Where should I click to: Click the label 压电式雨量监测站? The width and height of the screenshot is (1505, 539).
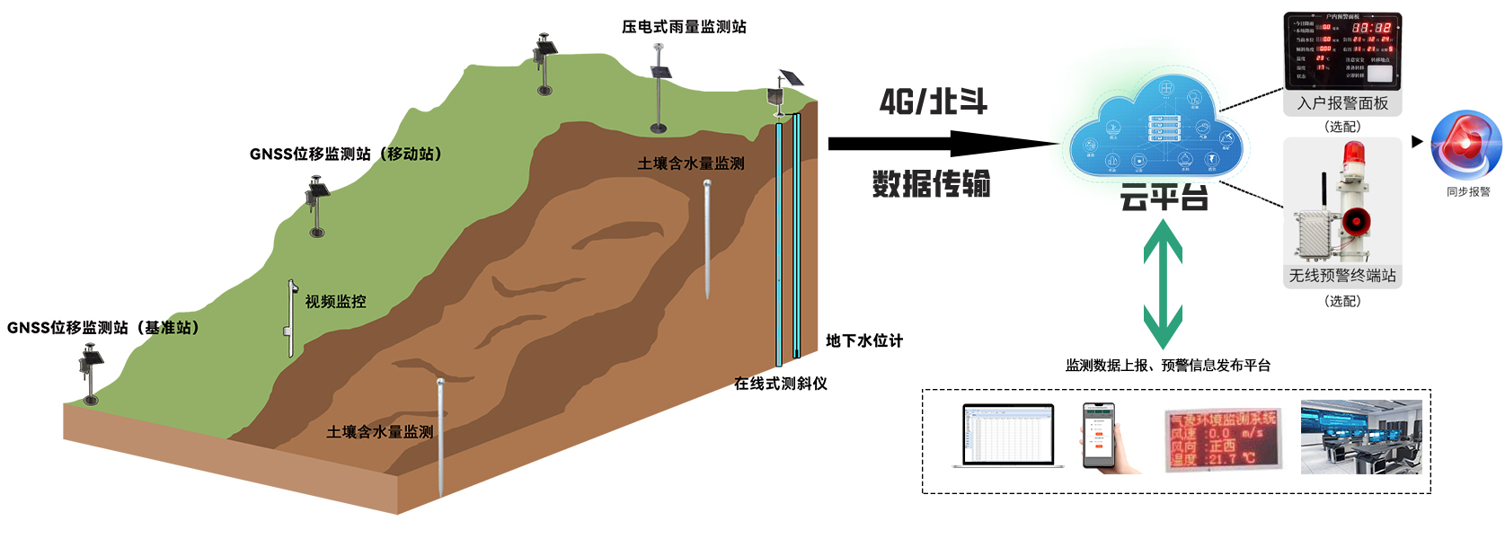click(x=684, y=27)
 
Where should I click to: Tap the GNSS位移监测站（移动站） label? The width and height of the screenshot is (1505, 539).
click(x=346, y=155)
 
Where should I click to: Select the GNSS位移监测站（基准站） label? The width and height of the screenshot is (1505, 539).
click(x=103, y=328)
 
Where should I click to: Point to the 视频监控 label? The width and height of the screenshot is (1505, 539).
click(x=335, y=302)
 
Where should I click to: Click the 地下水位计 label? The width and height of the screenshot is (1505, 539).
click(x=863, y=341)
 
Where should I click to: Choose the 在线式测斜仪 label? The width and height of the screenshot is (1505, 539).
click(x=780, y=384)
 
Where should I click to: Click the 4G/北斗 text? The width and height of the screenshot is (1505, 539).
click(x=933, y=102)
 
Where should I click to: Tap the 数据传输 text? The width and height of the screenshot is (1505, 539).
click(x=931, y=184)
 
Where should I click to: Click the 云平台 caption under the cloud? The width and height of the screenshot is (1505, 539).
click(x=1164, y=198)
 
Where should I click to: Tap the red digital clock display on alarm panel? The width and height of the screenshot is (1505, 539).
click(x=1371, y=28)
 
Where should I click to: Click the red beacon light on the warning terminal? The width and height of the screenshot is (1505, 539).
click(x=1352, y=155)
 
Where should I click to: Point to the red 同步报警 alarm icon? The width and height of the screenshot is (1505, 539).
click(x=1465, y=146)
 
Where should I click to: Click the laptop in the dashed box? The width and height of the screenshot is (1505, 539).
click(x=1008, y=437)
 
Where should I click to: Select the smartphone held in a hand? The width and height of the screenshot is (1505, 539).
click(x=1099, y=436)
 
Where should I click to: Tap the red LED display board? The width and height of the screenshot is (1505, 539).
click(x=1221, y=439)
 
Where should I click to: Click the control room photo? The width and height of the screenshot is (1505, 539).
click(x=1360, y=437)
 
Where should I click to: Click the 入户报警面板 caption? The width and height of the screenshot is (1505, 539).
click(x=1342, y=103)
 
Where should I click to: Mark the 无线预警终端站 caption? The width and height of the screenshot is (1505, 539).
click(x=1342, y=276)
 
